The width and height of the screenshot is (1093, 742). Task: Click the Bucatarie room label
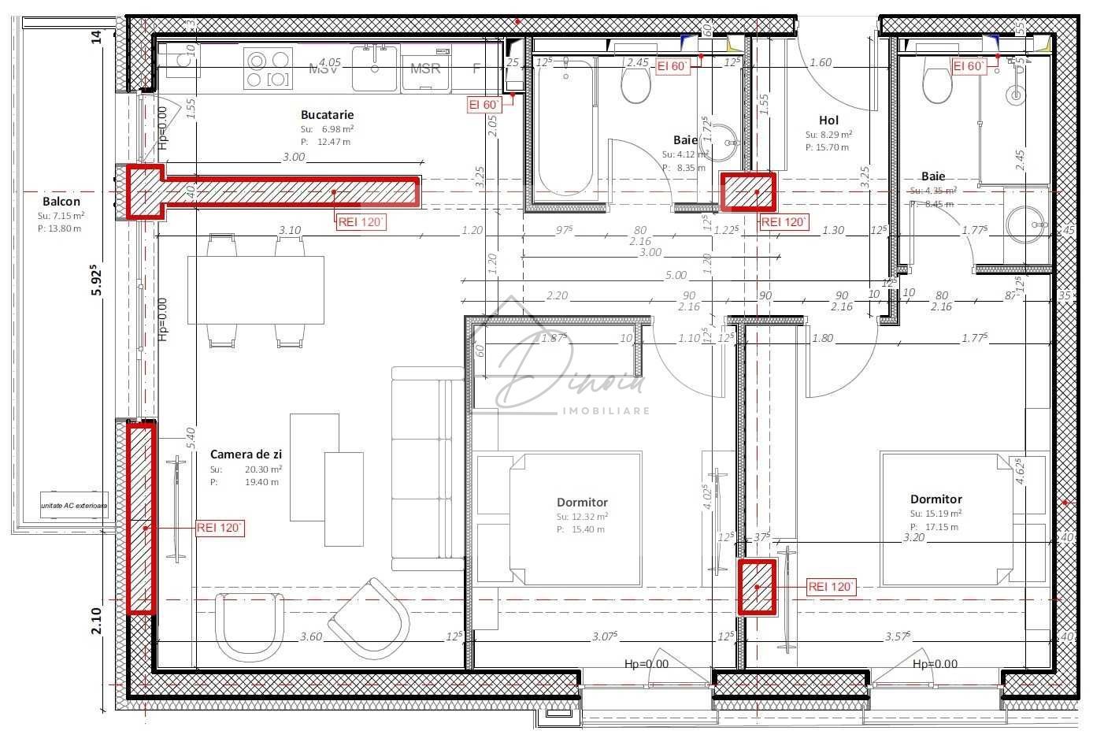pyautogui.click(x=327, y=115)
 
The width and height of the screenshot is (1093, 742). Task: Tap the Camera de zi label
pyautogui.click(x=246, y=454)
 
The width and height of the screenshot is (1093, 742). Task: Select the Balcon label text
pyautogui.click(x=61, y=202)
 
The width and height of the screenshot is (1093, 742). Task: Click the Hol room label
pyautogui.click(x=828, y=121)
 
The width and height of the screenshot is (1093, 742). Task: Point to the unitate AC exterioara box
pyautogui.click(x=74, y=505)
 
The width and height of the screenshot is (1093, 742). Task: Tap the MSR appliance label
pyautogui.click(x=425, y=69)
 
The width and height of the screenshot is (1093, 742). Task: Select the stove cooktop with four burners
pyautogui.click(x=268, y=69)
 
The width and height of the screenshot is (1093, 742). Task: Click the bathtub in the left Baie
pyautogui.click(x=564, y=130)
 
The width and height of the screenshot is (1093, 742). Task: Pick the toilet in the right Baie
pyautogui.click(x=937, y=85)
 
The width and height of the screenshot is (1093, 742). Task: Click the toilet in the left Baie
pyautogui.click(x=635, y=85)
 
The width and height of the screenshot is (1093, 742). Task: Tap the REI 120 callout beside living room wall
pyautogui.click(x=220, y=529)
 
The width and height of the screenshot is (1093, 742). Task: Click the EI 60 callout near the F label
pyautogui.click(x=484, y=105)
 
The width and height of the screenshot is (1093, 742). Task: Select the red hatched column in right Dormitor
pyautogui.click(x=757, y=587)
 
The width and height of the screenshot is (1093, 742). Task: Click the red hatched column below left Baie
pyautogui.click(x=749, y=192)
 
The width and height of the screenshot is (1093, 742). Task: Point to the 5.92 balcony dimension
pyautogui.click(x=96, y=279)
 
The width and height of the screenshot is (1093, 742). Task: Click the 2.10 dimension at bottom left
pyautogui.click(x=96, y=621)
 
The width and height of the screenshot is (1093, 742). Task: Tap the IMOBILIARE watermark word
pyautogui.click(x=605, y=411)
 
